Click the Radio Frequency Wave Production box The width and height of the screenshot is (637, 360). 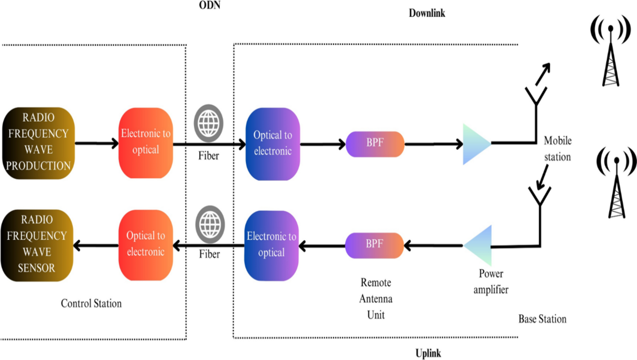(38, 143)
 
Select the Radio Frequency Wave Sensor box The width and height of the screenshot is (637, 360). (37, 245)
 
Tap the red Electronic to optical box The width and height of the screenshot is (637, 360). (146, 143)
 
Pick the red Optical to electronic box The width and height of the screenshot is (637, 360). (146, 245)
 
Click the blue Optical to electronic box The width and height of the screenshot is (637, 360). (273, 144)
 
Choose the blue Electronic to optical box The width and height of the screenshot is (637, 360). (271, 245)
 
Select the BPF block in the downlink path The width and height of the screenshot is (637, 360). (375, 144)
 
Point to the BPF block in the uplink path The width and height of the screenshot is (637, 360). (374, 245)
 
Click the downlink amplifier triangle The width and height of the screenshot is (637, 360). (474, 144)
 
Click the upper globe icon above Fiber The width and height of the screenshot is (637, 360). (208, 123)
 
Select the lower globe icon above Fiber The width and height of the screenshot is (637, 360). (210, 225)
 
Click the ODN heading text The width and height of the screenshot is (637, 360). (210, 5)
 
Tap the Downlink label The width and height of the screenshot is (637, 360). (427, 13)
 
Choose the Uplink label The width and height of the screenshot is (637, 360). (428, 353)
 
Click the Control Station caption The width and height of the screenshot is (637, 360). (91, 303)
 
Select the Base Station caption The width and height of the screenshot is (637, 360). (542, 319)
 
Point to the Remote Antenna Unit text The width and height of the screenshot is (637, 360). (376, 299)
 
